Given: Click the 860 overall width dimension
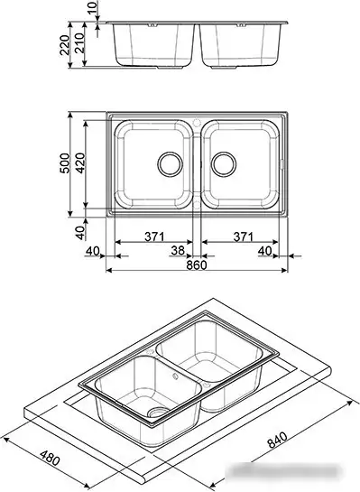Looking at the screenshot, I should click(x=197, y=265).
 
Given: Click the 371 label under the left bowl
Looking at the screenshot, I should click(x=154, y=237).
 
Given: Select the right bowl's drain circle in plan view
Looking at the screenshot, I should click(x=225, y=164).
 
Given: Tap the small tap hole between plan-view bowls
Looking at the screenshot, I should click(x=197, y=119).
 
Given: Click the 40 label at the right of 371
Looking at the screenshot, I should click(x=264, y=250).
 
